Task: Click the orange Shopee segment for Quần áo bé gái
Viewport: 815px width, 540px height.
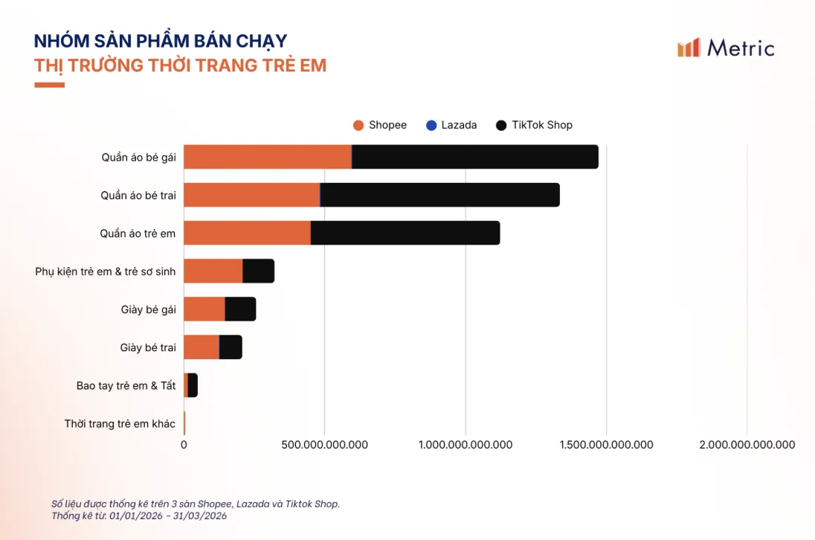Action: click(x=267, y=157)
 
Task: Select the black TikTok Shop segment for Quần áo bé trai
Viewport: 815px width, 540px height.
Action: click(x=439, y=195)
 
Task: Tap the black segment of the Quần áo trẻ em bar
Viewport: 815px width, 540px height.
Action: click(x=405, y=233)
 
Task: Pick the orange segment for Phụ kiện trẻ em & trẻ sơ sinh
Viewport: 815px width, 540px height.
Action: click(x=213, y=271)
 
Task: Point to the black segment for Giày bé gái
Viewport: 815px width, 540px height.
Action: click(x=240, y=309)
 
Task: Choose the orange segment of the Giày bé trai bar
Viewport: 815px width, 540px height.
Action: click(x=201, y=347)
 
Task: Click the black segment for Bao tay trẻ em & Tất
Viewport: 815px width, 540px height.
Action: click(x=193, y=385)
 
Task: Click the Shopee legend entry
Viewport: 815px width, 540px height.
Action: click(x=380, y=125)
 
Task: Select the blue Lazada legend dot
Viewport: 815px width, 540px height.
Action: click(x=432, y=125)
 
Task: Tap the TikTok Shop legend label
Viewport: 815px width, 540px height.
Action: click(x=542, y=125)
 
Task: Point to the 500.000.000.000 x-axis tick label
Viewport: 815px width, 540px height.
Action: click(x=325, y=445)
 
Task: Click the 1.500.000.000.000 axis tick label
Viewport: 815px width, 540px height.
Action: click(x=607, y=445)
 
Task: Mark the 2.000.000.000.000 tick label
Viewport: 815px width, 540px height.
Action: click(x=747, y=445)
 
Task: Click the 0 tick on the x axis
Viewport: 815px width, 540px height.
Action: click(x=184, y=445)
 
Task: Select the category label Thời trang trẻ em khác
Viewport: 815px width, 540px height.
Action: click(x=120, y=424)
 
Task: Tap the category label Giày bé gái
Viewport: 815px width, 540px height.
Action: click(x=148, y=309)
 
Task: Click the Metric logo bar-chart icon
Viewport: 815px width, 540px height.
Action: click(x=689, y=48)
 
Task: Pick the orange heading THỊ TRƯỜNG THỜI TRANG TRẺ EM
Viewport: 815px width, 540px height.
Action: click(x=180, y=65)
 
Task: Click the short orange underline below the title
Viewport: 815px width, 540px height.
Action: click(x=49, y=85)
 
